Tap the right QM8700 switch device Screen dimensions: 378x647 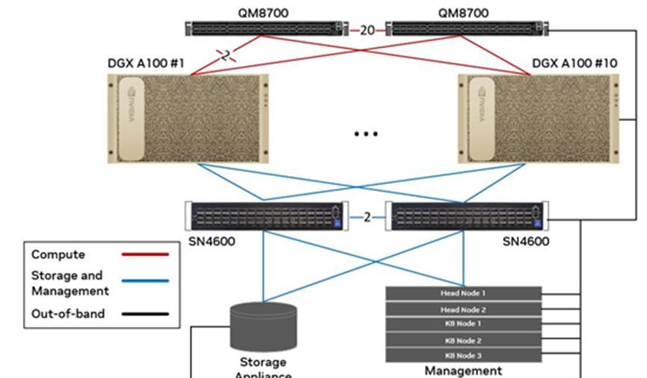point(466,29)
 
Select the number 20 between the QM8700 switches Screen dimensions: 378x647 point(367,30)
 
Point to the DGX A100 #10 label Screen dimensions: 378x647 point(574,64)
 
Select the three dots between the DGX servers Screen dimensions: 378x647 point(366,134)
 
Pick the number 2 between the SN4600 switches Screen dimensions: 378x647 point(367,217)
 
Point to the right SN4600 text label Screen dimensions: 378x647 point(526,241)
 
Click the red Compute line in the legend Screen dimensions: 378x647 point(145,255)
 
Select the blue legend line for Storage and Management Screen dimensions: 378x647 point(145,281)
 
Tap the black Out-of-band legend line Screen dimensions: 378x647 point(145,314)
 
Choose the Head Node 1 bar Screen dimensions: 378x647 point(463,293)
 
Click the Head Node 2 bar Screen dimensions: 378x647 point(463,309)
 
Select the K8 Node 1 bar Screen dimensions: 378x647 point(463,324)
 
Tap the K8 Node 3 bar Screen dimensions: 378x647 point(463,355)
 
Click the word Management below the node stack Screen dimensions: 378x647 point(463,370)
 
